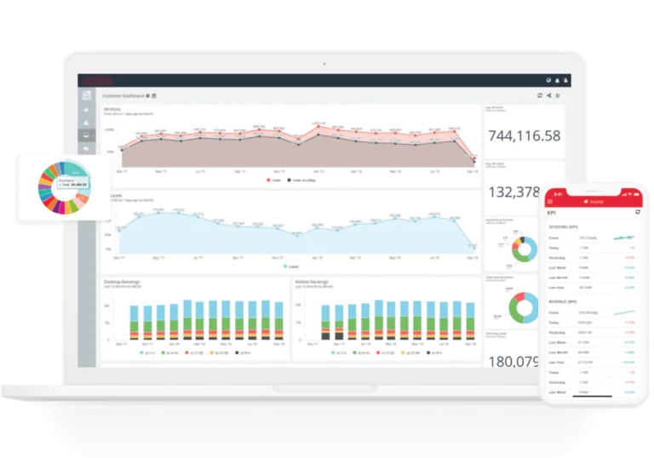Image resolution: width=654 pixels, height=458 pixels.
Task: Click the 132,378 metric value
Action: (x=514, y=192)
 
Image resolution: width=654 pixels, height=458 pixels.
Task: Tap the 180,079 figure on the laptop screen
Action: (x=513, y=361)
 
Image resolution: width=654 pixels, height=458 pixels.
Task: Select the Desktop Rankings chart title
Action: (x=123, y=281)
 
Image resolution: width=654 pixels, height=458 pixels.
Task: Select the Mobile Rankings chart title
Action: (x=313, y=281)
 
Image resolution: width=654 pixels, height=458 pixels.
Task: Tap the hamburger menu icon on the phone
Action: (x=550, y=201)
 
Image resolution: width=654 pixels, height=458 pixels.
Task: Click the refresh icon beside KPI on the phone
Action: (x=638, y=212)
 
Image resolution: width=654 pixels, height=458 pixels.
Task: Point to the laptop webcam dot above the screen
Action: (x=324, y=63)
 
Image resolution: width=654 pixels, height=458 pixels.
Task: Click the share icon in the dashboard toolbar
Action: (x=548, y=96)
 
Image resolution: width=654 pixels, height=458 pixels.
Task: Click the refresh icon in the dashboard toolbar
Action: (x=539, y=96)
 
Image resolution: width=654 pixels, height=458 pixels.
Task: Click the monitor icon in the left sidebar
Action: (x=87, y=135)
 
